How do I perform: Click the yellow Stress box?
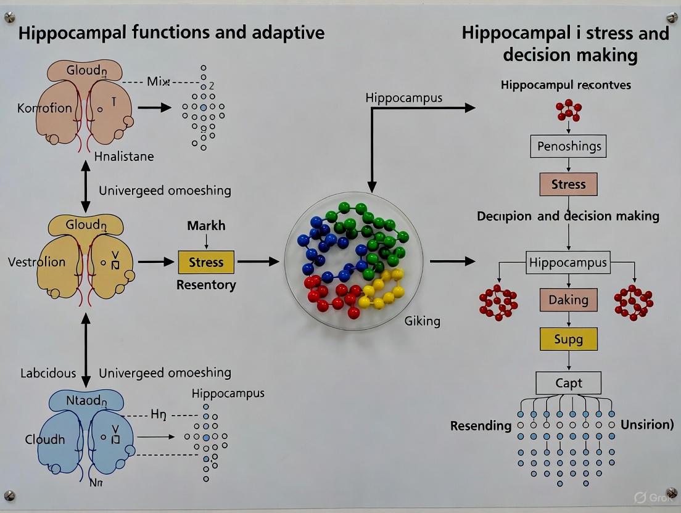pyautogui.click(x=206, y=262)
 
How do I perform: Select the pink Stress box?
pyautogui.click(x=568, y=184)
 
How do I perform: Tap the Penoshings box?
pyautogui.click(x=568, y=147)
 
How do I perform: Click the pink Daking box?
pyautogui.click(x=568, y=300)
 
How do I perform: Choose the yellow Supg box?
pyautogui.click(x=568, y=339)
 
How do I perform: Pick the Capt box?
pyautogui.click(x=568, y=383)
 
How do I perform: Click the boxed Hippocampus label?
pyautogui.click(x=568, y=263)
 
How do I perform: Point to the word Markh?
pyautogui.click(x=206, y=226)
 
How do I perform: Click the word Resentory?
pyautogui.click(x=206, y=285)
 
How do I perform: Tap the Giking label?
pyautogui.click(x=422, y=321)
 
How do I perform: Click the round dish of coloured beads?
pyautogui.click(x=354, y=261)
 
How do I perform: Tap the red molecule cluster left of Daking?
pyautogui.click(x=498, y=302)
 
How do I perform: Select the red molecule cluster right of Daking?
pyautogui.click(x=634, y=302)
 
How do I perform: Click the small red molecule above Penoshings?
pyautogui.click(x=568, y=111)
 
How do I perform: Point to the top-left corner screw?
pyautogui.click(x=9, y=18)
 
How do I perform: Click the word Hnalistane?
pyautogui.click(x=124, y=157)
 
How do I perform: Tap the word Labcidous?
pyautogui.click(x=48, y=373)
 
